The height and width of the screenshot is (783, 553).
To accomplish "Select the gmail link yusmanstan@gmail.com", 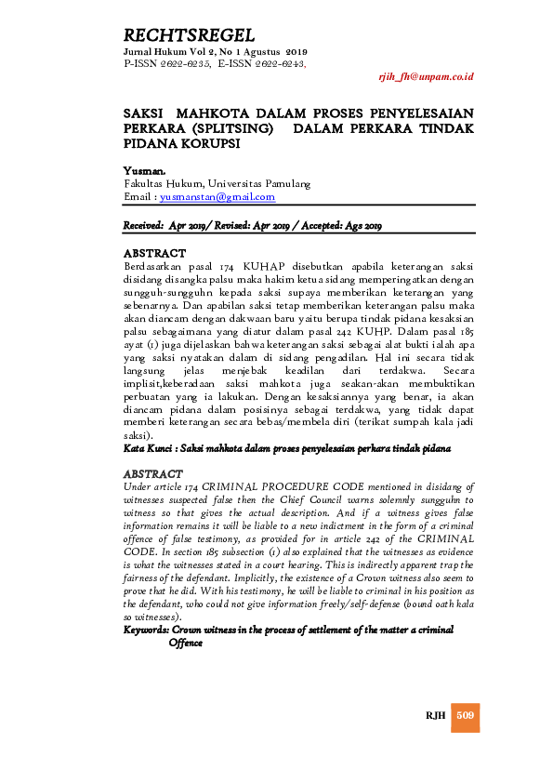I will coord(217,197).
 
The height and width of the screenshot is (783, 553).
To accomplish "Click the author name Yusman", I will coord(144,172).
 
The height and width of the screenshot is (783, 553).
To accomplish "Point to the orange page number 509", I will coord(466,714).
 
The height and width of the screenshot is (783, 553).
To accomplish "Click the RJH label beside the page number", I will coord(435,715).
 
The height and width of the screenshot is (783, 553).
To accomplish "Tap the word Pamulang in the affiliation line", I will coord(287,184).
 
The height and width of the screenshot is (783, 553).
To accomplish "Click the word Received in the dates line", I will coord(143,226).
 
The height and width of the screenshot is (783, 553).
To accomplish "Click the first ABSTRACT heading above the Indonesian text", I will coord(154,253).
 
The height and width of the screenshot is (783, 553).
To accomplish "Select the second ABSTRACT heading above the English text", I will coord(154,474).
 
